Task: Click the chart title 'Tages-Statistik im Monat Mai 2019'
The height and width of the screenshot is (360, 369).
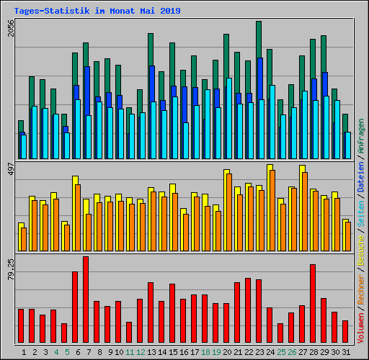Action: (97, 12)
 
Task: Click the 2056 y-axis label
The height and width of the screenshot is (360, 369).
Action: (9, 30)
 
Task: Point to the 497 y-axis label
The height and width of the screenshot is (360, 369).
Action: (9, 170)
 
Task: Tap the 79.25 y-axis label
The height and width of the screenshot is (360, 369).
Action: (9, 268)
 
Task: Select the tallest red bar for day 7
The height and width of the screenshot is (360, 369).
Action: (86, 300)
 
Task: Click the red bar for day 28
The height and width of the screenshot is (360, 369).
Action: (313, 304)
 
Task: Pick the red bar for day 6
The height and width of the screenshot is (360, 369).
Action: (75, 307)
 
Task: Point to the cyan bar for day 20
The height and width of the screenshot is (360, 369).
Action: (229, 118)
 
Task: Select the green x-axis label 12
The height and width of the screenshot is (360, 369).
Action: (141, 352)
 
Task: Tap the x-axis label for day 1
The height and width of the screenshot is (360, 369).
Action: (25, 352)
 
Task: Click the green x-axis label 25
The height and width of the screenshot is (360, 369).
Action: (280, 352)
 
